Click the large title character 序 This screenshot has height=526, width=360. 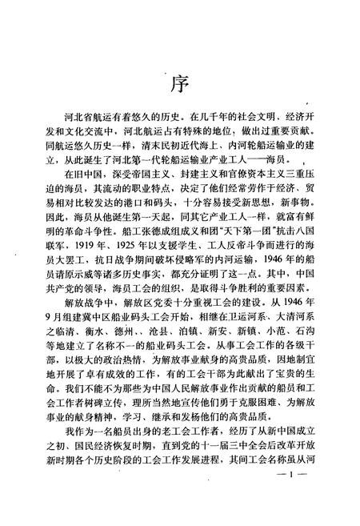coord(179,83)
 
